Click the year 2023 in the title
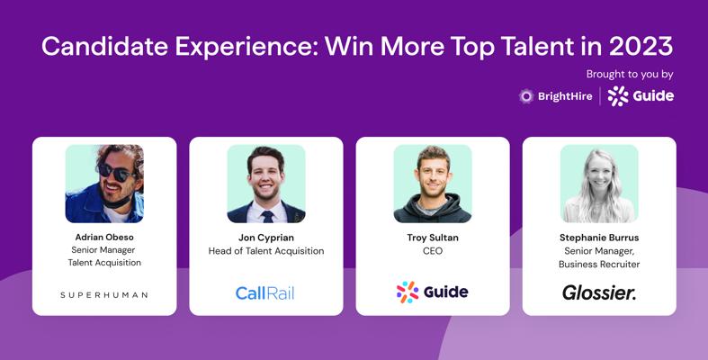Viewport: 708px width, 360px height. click(x=641, y=46)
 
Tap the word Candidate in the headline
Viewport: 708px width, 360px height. click(x=104, y=46)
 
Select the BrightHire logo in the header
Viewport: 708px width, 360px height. click(x=555, y=96)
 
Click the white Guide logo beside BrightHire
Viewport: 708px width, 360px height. click(x=641, y=95)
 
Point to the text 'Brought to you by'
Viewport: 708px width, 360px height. click(x=630, y=75)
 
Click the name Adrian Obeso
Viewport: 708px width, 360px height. click(x=104, y=237)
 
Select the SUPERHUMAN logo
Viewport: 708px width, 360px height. click(x=104, y=295)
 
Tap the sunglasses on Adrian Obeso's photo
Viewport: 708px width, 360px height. click(x=114, y=172)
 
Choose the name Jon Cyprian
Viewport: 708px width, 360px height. click(x=266, y=238)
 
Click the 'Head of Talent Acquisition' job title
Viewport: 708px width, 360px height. click(x=266, y=251)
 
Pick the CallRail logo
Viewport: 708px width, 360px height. click(x=265, y=293)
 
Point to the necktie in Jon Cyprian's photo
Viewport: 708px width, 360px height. click(x=268, y=216)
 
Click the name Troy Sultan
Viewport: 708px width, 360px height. click(x=433, y=238)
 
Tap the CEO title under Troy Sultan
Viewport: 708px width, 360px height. click(x=433, y=251)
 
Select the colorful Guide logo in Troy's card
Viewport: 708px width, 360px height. click(x=432, y=292)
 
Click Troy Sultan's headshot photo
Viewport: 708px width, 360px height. click(x=433, y=184)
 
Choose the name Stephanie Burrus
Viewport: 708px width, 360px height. click(x=599, y=238)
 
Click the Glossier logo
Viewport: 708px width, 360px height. click(x=599, y=292)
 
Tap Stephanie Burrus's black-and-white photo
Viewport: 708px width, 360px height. click(x=599, y=184)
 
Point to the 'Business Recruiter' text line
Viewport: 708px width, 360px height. click(x=599, y=265)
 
